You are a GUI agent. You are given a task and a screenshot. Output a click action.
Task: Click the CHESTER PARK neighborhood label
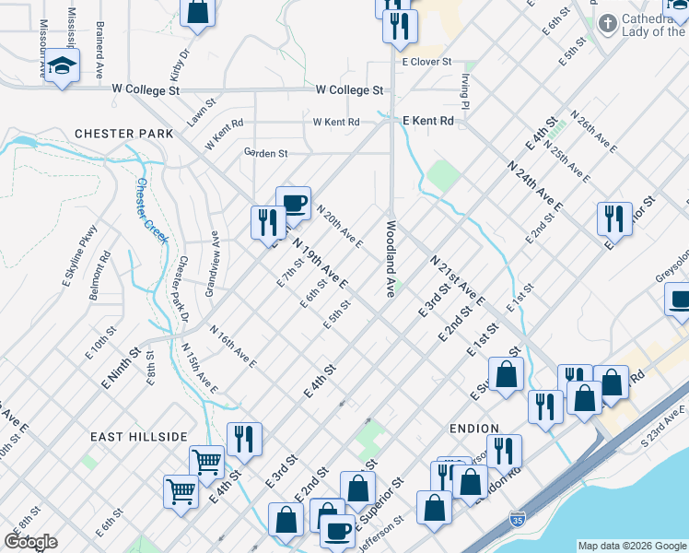[124, 134]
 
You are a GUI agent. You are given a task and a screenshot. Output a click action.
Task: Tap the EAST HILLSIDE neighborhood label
[139, 436]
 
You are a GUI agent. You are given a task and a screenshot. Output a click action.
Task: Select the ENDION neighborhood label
[473, 429]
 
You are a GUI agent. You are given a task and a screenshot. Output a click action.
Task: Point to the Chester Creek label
[152, 211]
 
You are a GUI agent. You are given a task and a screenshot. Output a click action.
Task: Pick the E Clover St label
[426, 62]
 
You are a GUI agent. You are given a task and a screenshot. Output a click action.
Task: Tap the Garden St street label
[265, 153]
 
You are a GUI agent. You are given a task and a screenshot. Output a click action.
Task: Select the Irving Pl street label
[466, 90]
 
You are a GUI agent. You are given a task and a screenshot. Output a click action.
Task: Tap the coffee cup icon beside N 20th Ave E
[293, 203]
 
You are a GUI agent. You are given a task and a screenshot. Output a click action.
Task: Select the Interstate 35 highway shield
[518, 522]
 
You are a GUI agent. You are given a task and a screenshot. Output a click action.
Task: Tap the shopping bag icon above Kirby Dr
[197, 12]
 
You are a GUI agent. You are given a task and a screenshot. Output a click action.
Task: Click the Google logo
[30, 542]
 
